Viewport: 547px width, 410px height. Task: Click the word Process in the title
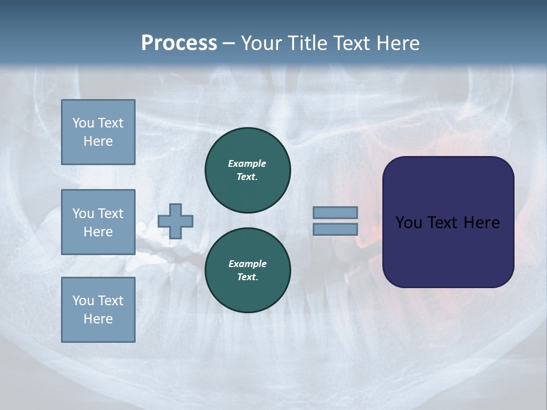pos(179,43)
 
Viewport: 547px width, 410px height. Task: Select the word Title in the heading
pos(306,43)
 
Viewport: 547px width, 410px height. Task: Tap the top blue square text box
pos(98,132)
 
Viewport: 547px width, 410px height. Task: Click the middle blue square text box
pos(98,222)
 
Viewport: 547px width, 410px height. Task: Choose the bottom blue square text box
pos(98,310)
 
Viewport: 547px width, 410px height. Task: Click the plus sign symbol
pos(175,221)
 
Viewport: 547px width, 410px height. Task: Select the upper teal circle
pos(247,170)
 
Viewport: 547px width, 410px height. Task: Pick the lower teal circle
pos(247,270)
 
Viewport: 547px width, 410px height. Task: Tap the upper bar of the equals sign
pos(335,212)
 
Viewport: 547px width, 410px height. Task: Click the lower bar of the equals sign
pos(335,229)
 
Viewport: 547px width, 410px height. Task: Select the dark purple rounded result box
pos(448,222)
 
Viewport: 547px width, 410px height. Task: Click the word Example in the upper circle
pos(247,163)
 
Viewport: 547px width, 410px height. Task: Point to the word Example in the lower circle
pos(247,264)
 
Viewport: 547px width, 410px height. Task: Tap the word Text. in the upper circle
pos(247,177)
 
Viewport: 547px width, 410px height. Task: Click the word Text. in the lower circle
pos(247,277)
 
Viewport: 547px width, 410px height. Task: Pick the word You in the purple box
pos(409,223)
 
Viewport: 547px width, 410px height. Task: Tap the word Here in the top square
pos(98,141)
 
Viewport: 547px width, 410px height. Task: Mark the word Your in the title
pos(262,43)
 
